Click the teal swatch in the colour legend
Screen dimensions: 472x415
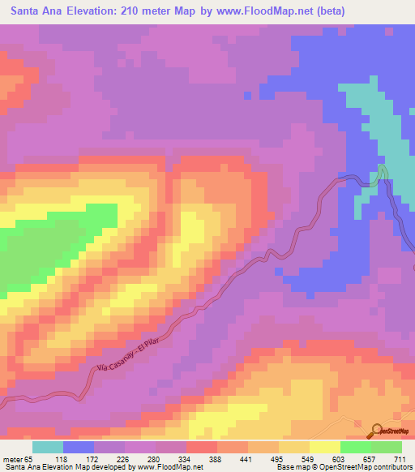[48, 448]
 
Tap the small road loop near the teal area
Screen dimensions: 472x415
[381, 173]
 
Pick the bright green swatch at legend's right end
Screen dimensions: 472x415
[387, 448]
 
